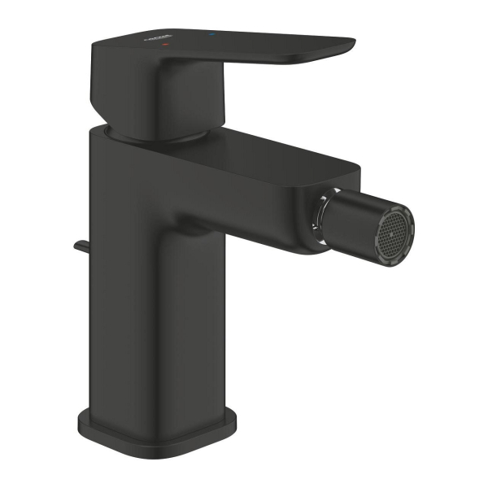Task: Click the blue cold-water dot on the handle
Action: tap(213, 34)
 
